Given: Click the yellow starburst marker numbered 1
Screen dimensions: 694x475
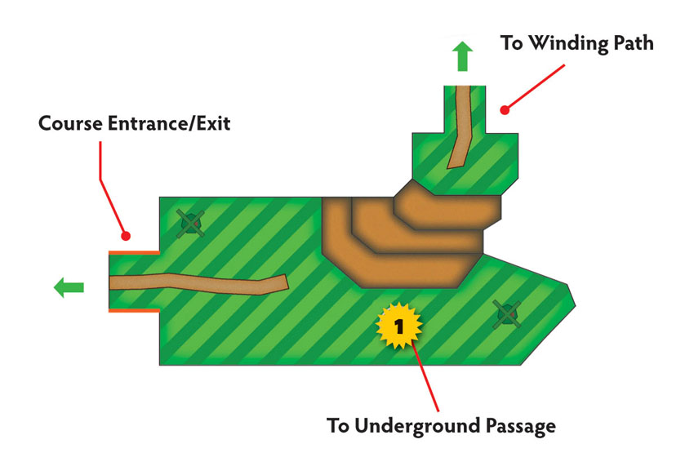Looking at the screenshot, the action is click(398, 326).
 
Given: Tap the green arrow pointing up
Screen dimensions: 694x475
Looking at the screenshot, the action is click(462, 56).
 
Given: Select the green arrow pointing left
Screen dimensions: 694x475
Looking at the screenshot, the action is click(69, 287).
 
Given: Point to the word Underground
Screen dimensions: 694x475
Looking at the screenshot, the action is click(417, 426).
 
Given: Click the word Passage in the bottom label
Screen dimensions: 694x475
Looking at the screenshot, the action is click(521, 427).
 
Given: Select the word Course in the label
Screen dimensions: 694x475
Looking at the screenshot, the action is click(70, 123).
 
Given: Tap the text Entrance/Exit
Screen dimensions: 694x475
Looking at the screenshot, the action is click(169, 123).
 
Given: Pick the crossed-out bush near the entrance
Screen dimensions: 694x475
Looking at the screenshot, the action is click(191, 224).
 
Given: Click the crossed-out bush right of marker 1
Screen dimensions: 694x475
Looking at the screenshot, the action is click(507, 314).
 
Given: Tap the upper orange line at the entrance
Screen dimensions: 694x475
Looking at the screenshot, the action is click(134, 253).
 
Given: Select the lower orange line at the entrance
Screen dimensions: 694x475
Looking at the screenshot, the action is click(134, 310).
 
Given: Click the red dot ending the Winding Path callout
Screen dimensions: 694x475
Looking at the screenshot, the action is click(505, 109).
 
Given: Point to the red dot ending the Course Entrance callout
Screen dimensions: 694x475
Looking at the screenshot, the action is click(126, 236).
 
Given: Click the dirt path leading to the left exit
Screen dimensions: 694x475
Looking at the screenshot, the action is click(198, 283).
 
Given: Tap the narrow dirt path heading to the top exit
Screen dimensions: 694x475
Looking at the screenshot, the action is click(460, 127).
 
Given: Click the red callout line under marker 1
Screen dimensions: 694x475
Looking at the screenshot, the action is click(425, 376).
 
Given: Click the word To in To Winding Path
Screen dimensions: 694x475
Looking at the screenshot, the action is click(512, 43).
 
